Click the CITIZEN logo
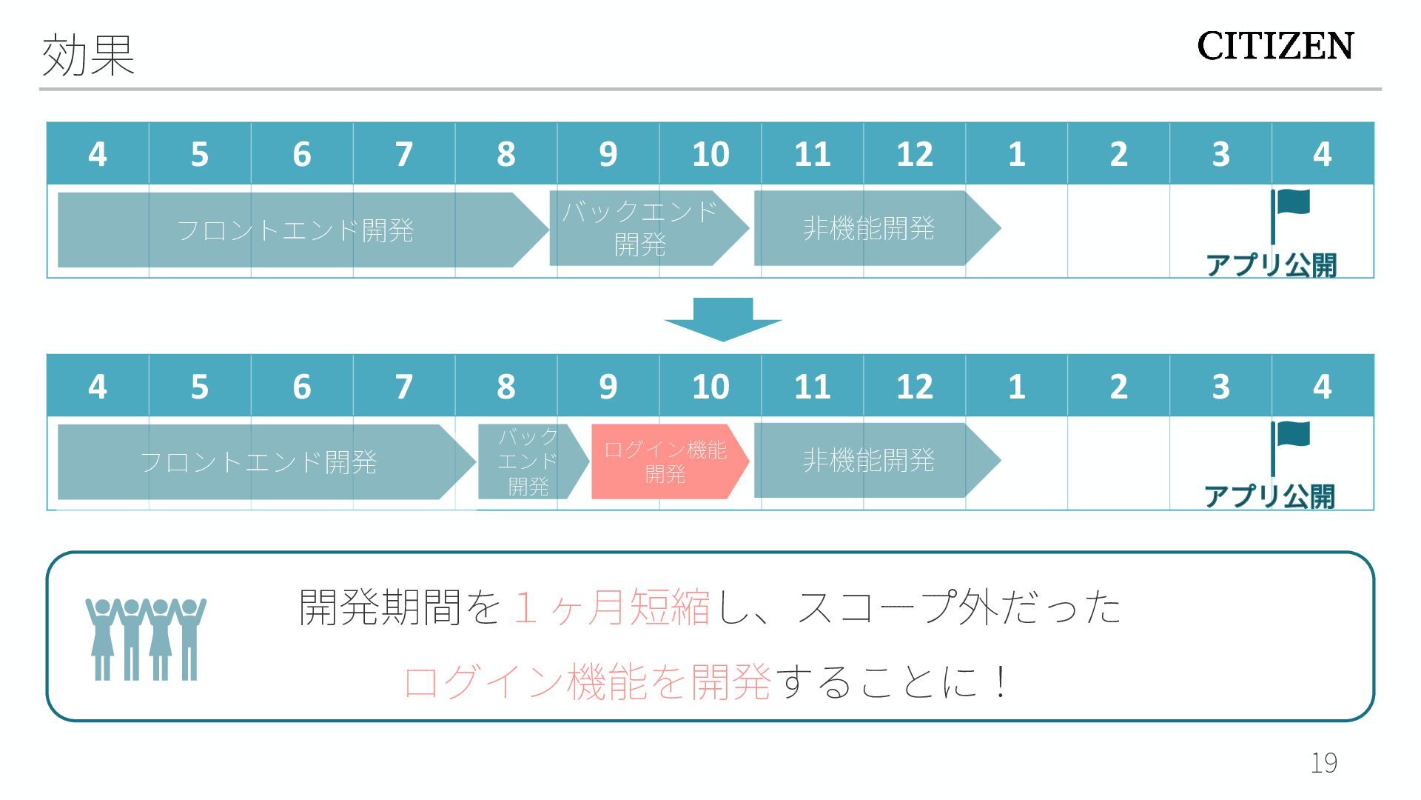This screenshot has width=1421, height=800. [x=1274, y=46]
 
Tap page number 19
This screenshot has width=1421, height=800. [x=1323, y=762]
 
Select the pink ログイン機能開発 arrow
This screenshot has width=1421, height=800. [x=666, y=461]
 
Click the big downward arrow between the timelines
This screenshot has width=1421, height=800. [x=722, y=319]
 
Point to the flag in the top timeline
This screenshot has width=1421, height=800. [x=1291, y=203]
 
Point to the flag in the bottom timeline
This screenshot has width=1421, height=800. [x=1291, y=436]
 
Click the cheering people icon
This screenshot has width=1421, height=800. [x=145, y=639]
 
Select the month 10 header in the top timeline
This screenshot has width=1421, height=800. [x=710, y=154]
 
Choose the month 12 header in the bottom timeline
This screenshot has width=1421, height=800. [x=915, y=387]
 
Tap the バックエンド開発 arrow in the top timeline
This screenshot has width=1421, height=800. [x=641, y=228]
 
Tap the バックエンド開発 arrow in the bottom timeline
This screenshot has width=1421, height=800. [x=528, y=461]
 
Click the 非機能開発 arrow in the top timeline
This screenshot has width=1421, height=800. [x=869, y=228]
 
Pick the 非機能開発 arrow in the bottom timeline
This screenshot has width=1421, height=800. [x=869, y=461]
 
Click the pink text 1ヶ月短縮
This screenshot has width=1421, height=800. [x=611, y=607]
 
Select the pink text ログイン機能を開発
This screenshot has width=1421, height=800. [x=588, y=681]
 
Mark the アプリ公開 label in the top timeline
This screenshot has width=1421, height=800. [x=1271, y=264]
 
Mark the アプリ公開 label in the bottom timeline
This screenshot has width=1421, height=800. [x=1269, y=496]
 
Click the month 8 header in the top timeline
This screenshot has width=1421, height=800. [x=506, y=154]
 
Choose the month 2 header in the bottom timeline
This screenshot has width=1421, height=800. [x=1118, y=387]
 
